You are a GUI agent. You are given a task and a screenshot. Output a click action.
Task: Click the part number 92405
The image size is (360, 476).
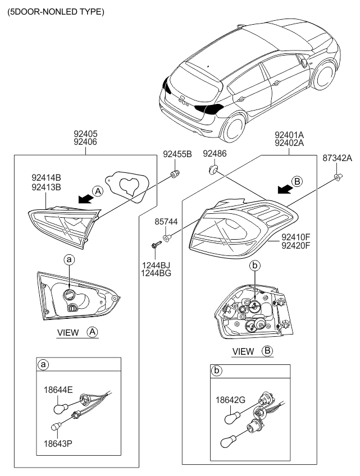[85, 134]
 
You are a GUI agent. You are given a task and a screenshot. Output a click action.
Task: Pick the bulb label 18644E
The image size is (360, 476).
[59, 388]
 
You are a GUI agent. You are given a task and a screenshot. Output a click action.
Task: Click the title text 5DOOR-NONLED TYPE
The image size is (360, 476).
[56, 12]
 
